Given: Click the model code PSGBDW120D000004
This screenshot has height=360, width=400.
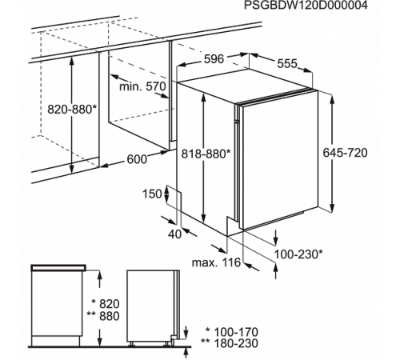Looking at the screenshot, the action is pyautogui.click(x=306, y=6).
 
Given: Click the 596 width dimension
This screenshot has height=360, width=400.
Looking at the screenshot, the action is pyautogui.click(x=214, y=59).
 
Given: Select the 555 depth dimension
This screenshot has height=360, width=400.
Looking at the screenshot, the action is pyautogui.click(x=287, y=64).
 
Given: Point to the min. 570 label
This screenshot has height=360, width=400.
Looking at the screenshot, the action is pyautogui.click(x=142, y=86).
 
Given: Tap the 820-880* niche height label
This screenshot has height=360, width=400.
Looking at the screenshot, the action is pyautogui.click(x=72, y=109).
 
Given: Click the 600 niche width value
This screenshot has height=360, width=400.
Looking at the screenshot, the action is pyautogui.click(x=137, y=159).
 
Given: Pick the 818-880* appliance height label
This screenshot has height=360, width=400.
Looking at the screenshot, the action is pyautogui.click(x=206, y=154).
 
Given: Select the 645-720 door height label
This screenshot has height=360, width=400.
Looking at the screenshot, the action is pyautogui.click(x=345, y=153).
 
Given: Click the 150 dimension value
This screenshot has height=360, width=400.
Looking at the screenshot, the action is pyautogui.click(x=152, y=194).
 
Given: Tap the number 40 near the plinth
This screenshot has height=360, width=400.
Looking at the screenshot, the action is pyautogui.click(x=174, y=234).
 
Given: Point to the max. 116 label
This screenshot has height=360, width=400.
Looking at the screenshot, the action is pyautogui.click(x=216, y=262).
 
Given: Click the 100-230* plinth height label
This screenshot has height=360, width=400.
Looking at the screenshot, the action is pyautogui.click(x=298, y=254).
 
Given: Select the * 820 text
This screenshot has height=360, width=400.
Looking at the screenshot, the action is pyautogui.click(x=106, y=304).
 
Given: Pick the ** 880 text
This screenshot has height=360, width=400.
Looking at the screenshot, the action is pyautogui.click(x=103, y=316).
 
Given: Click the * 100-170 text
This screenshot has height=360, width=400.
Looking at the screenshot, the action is pyautogui.click(x=231, y=332).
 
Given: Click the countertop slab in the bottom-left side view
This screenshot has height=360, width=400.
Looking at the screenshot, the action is pyautogui.click(x=58, y=268).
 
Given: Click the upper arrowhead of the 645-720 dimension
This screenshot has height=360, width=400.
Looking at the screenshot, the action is pyautogui.click(x=332, y=99).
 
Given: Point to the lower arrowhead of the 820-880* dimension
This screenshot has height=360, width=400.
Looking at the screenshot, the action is pyautogui.click(x=71, y=170).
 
